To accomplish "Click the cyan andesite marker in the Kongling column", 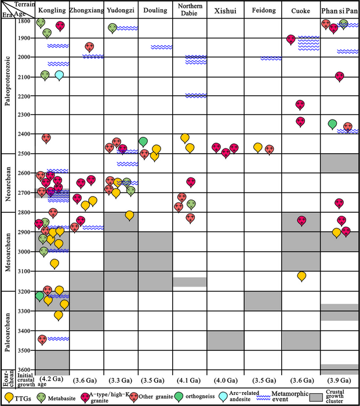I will click(x=59, y=75).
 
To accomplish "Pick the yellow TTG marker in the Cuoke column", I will click(x=301, y=275).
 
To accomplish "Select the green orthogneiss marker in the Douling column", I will click(x=143, y=142).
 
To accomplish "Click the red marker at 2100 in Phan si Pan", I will click(x=339, y=76).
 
